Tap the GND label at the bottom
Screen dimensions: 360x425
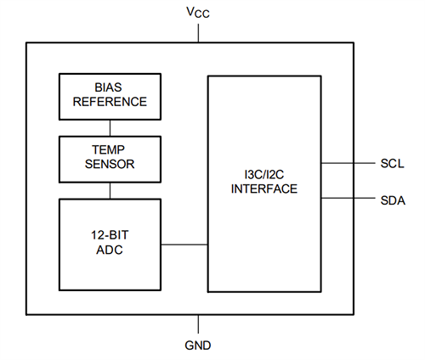(x=199, y=345)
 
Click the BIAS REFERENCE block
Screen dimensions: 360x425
(x=109, y=95)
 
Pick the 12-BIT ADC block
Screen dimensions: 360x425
(x=109, y=245)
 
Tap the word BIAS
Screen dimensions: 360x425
(x=109, y=87)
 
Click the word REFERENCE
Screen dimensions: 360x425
(x=109, y=102)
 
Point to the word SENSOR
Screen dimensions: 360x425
(x=109, y=165)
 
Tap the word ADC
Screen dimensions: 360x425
(x=109, y=251)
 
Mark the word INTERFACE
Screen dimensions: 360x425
(x=264, y=188)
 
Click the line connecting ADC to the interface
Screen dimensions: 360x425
(x=184, y=245)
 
